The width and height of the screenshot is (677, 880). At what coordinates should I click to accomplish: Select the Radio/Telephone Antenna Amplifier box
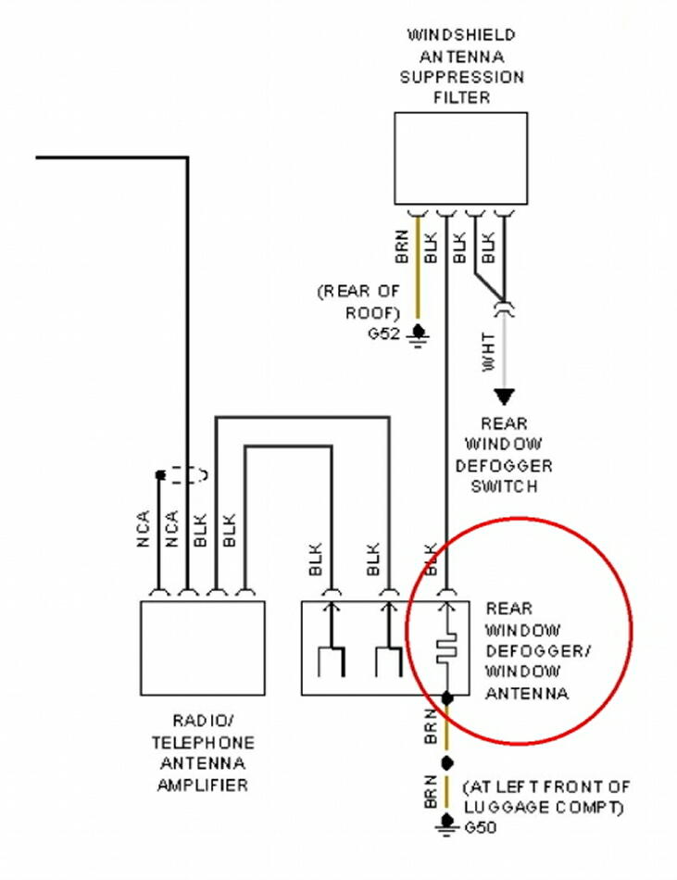202,647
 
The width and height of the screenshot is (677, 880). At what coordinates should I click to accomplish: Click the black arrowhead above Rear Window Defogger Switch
503,396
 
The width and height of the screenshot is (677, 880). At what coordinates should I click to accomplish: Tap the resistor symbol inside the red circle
447,647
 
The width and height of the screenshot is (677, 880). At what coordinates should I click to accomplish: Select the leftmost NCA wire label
144,528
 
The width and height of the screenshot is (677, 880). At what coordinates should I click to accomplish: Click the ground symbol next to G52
419,333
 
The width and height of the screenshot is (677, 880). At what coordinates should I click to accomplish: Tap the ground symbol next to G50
448,823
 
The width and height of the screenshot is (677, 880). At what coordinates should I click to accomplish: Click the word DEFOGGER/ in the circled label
537,650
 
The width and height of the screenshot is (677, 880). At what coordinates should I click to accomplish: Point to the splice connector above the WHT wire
503,305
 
